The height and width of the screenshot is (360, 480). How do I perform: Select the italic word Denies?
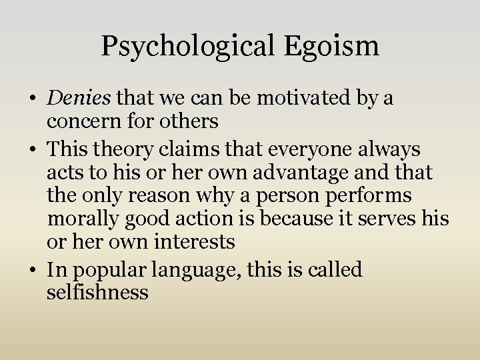tap(79, 98)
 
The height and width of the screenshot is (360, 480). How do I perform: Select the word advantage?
tap(306, 172)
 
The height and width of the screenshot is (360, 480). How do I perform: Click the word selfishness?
tap(97, 292)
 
